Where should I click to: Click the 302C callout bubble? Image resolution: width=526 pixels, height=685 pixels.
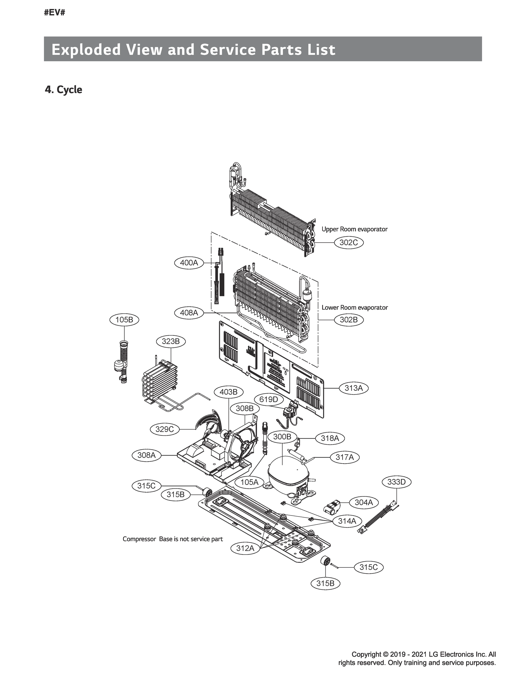pos(348,243)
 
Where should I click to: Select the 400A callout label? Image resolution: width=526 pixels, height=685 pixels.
pos(189,263)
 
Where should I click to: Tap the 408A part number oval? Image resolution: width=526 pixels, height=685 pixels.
pos(189,313)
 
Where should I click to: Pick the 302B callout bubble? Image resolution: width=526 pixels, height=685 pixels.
pos(348,320)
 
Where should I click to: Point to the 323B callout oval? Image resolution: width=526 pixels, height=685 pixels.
pos(171,341)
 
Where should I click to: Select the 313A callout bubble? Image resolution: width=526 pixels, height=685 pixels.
pos(354,388)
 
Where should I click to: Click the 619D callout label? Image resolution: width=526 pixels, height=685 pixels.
pos(269,400)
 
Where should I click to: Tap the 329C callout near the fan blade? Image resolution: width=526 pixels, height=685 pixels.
pos(164,429)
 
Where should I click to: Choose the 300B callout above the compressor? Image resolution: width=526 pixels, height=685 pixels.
pos(282,437)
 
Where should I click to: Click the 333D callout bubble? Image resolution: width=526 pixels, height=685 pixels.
pos(396,482)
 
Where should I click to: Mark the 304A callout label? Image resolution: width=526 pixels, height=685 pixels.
pos(364,503)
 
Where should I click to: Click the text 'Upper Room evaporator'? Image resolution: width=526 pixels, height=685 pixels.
pos(354,229)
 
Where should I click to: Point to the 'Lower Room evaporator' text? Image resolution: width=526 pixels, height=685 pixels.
pos(354,307)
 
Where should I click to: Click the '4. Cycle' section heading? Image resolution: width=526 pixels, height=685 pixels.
pos(64,90)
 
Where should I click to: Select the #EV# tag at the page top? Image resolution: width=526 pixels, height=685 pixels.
pos(55,13)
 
